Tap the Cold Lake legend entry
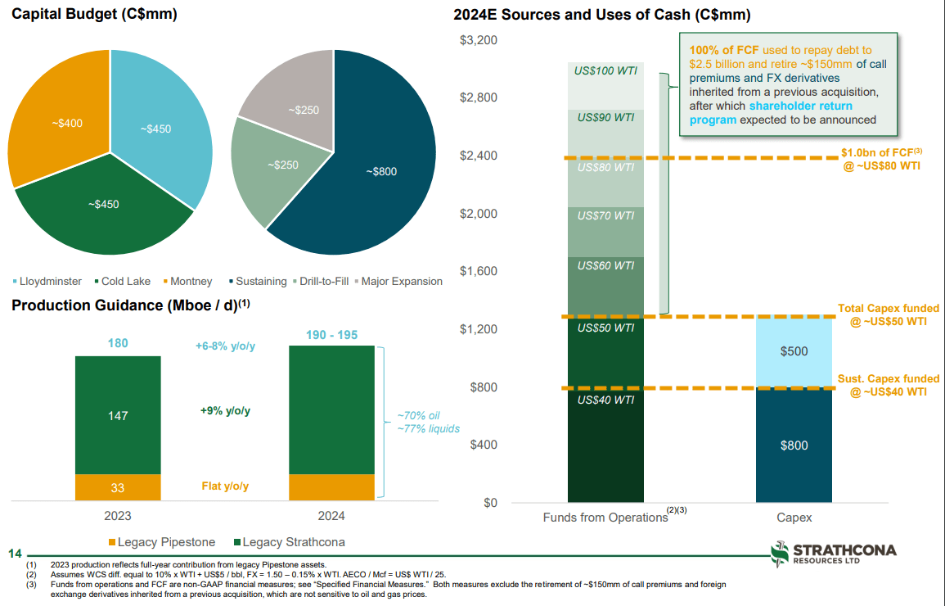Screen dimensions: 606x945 (x=123, y=281)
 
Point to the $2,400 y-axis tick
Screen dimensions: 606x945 (x=479, y=156)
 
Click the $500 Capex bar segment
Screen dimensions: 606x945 (x=794, y=351)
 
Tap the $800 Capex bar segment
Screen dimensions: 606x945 (x=794, y=445)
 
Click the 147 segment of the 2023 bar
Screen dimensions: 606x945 (x=118, y=415)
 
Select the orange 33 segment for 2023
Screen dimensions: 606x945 (x=118, y=487)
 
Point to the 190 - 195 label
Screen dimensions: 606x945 (x=331, y=336)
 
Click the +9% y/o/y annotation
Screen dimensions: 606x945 (x=225, y=411)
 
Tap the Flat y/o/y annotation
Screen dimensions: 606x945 (x=225, y=486)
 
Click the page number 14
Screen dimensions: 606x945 (x=13, y=554)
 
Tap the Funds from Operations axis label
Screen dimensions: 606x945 (x=605, y=518)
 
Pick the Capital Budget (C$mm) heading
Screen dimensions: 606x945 (x=94, y=14)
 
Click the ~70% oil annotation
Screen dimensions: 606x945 (x=419, y=416)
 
